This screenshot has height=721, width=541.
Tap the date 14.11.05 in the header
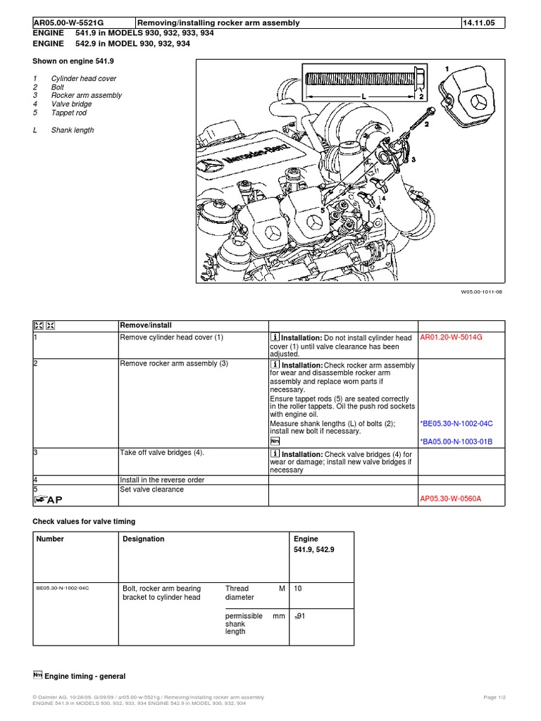pos(479,23)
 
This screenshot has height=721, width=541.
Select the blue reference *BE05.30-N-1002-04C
pos(456,425)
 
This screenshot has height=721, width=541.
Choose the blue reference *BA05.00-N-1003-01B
pos(456,441)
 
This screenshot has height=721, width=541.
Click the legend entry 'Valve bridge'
pos(71,104)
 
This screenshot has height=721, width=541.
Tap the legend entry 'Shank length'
pos(72,130)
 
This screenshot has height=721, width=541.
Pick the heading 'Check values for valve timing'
pos(84,522)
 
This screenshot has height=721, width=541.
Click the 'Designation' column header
pos(144,539)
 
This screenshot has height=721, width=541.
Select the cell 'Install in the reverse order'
pos(163,480)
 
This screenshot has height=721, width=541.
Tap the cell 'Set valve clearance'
pos(152,489)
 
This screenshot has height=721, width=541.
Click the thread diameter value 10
pos(298,588)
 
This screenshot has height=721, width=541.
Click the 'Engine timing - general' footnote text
pos(85,677)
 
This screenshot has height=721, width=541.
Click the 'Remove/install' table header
pos(146,325)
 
